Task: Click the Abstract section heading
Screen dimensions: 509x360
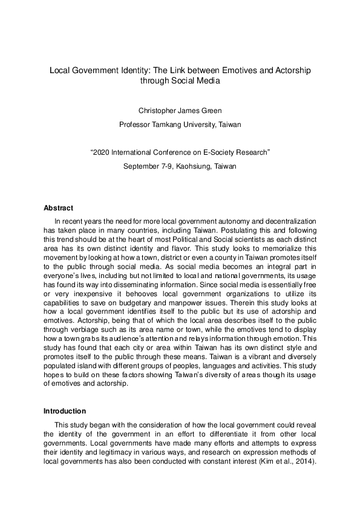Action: pyautogui.click(x=58, y=208)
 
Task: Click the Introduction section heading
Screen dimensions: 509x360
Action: pyautogui.click(x=65, y=411)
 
